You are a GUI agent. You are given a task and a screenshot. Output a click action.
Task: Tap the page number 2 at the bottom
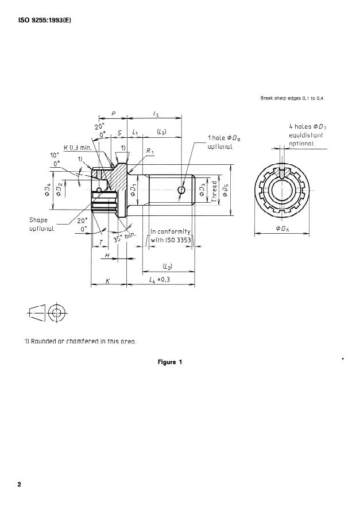point(19,484)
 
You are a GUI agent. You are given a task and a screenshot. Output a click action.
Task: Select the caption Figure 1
point(170,362)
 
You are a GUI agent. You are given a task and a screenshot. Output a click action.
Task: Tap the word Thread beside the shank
point(214,190)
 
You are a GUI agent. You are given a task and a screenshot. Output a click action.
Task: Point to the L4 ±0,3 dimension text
point(161,279)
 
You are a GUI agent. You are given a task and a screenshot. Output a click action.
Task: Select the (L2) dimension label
point(168,266)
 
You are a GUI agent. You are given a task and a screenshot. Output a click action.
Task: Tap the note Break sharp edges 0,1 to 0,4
point(292,99)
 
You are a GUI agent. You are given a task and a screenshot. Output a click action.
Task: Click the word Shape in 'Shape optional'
point(38,220)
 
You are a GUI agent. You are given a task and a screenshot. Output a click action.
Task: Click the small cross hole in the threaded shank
point(182,190)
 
